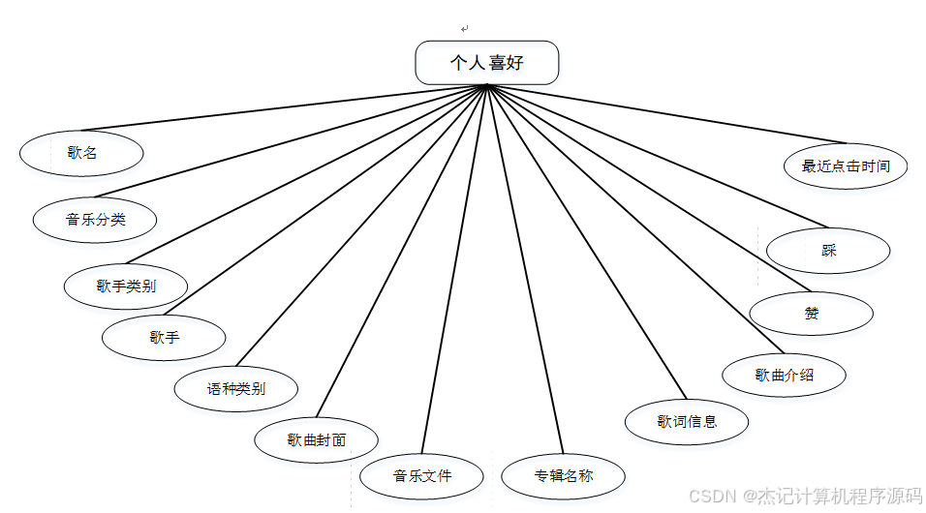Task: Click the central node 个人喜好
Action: click(x=486, y=63)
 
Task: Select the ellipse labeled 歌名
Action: click(x=82, y=153)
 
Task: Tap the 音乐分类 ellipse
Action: click(x=95, y=220)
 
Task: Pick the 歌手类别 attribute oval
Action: click(x=126, y=286)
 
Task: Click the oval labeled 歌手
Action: click(x=164, y=338)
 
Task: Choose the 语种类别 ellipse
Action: click(x=235, y=390)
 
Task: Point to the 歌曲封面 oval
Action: click(x=316, y=440)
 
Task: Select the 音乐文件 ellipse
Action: click(x=421, y=476)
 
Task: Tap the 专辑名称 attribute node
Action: click(x=563, y=476)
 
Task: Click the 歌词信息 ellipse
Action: click(x=687, y=421)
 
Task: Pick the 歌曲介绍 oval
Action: click(x=784, y=375)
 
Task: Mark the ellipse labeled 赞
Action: click(x=811, y=314)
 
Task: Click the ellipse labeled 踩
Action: click(x=828, y=252)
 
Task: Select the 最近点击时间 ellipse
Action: click(x=846, y=166)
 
